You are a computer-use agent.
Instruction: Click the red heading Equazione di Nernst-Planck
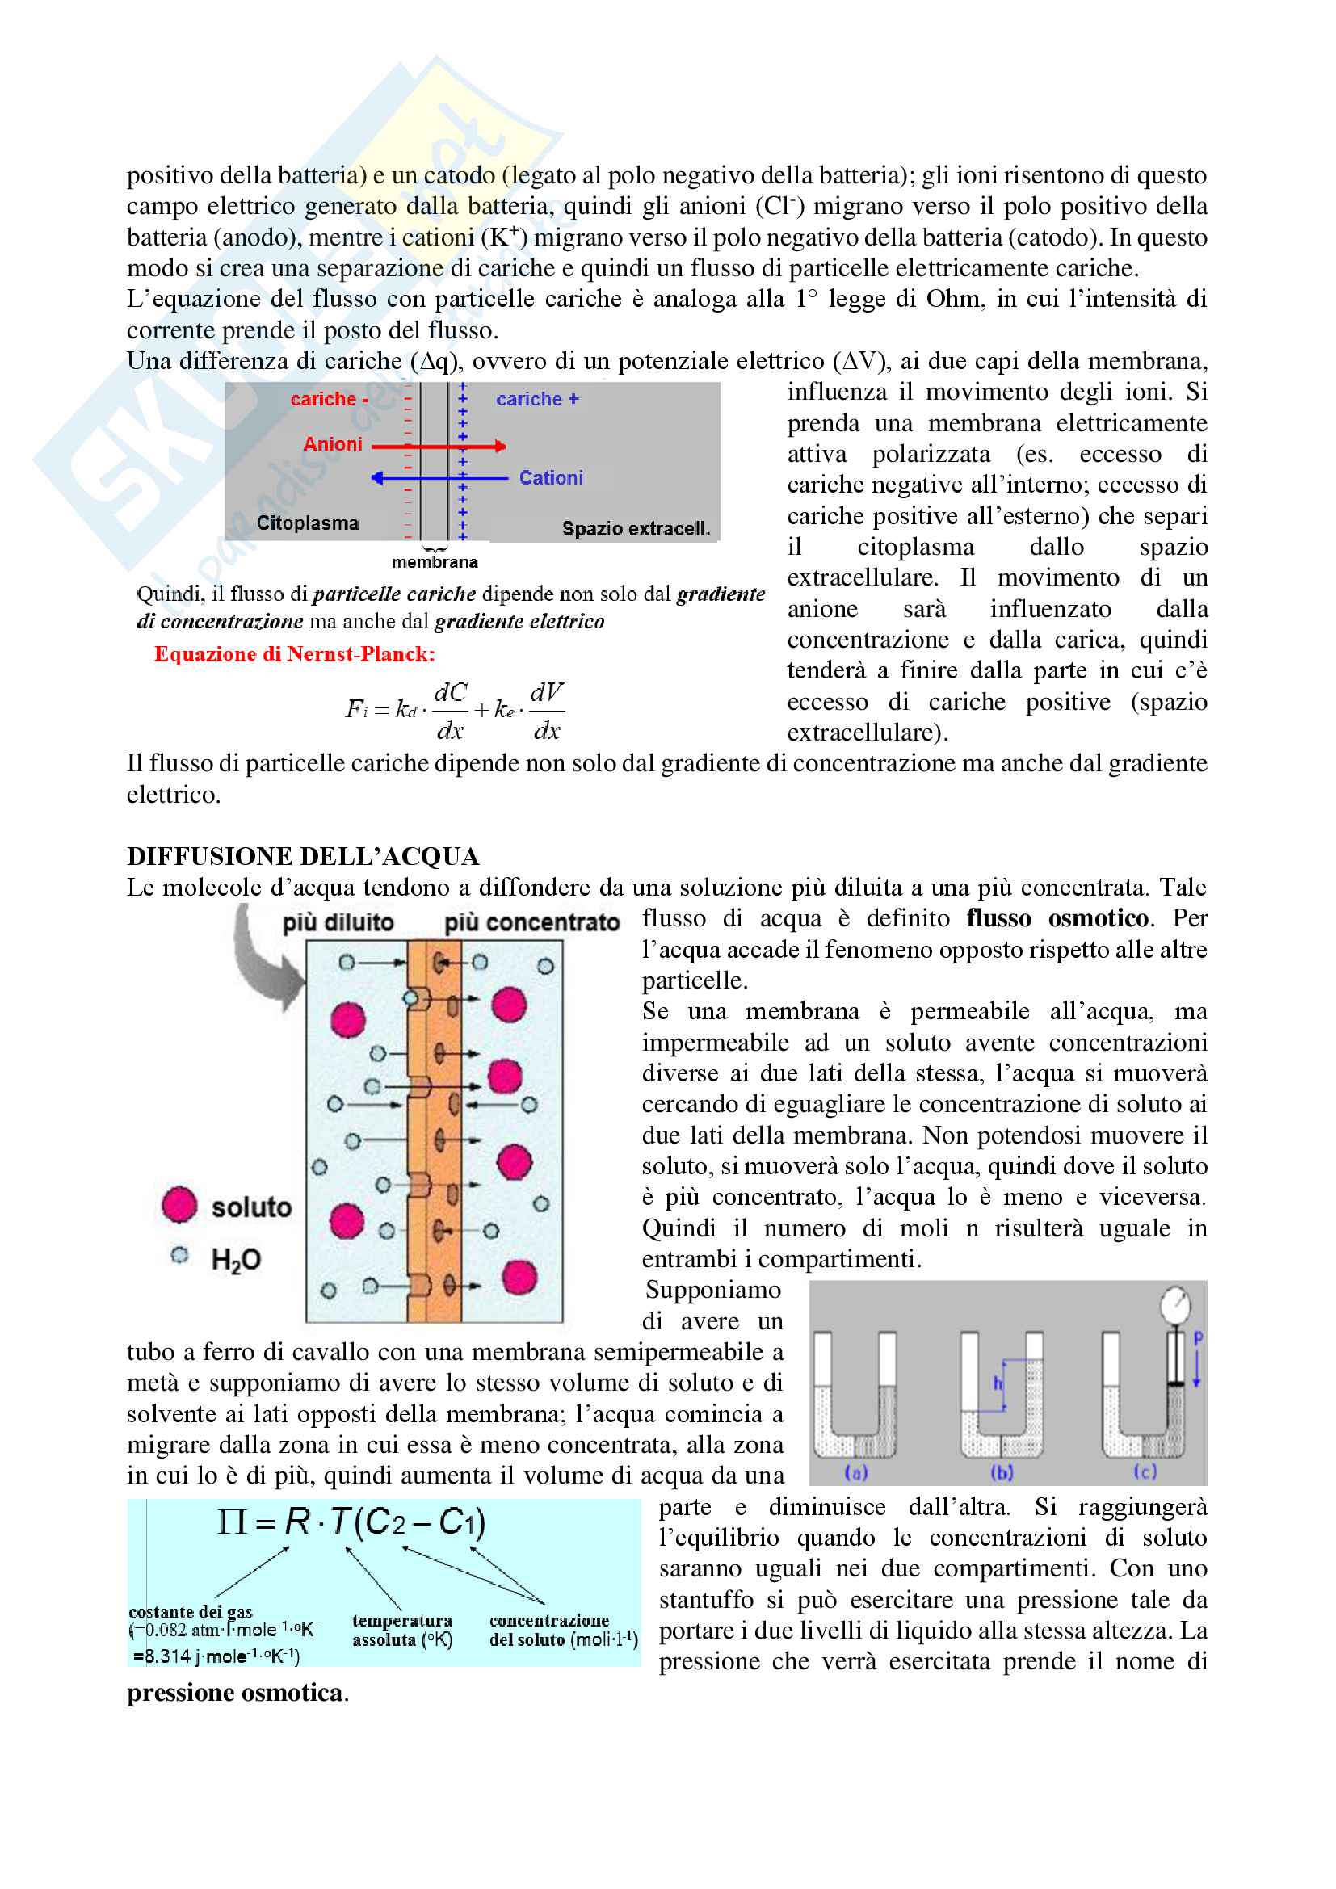pyautogui.click(x=294, y=654)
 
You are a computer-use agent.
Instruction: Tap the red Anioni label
pyautogui.click(x=332, y=444)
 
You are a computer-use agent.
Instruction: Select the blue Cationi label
pyautogui.click(x=550, y=478)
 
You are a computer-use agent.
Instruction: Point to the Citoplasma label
pyautogui.click(x=307, y=523)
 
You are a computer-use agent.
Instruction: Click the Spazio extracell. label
pyautogui.click(x=635, y=529)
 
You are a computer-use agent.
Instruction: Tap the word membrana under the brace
pyautogui.click(x=435, y=563)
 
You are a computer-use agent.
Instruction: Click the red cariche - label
pyautogui.click(x=328, y=399)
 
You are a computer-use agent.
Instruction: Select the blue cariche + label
pyautogui.click(x=537, y=399)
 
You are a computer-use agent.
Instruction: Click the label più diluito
pyautogui.click(x=338, y=922)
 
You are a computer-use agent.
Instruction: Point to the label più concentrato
pyautogui.click(x=531, y=922)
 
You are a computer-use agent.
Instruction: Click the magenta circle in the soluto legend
pyautogui.click(x=179, y=1205)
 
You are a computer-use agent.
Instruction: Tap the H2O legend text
pyautogui.click(x=235, y=1260)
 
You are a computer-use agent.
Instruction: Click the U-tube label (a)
pyautogui.click(x=856, y=1473)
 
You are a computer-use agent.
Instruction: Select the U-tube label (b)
pyautogui.click(x=1001, y=1473)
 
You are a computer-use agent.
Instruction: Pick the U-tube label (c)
pyautogui.click(x=1145, y=1472)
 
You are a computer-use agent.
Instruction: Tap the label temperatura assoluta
pyautogui.click(x=401, y=1630)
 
